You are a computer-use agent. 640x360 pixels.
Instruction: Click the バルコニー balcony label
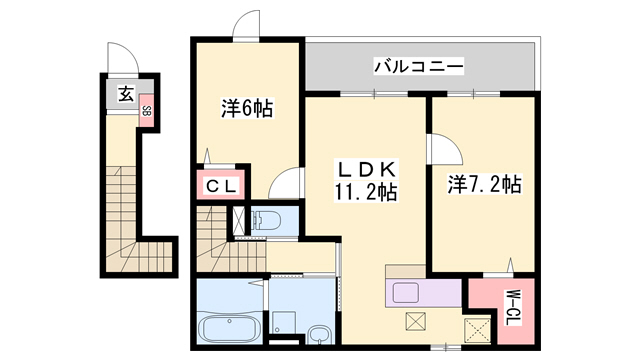[x=418, y=67]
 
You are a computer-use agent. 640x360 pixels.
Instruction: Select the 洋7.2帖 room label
[x=483, y=184]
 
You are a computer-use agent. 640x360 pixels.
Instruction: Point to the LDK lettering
[x=367, y=168]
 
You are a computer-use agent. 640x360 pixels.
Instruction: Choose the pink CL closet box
[x=223, y=186]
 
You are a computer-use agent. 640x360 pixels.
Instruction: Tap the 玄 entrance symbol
[x=125, y=94]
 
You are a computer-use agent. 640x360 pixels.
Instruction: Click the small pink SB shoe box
[x=146, y=110]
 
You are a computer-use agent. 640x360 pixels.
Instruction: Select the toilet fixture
[x=267, y=222]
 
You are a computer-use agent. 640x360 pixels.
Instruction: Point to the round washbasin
[x=319, y=334]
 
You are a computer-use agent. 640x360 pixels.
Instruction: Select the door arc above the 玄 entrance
[x=118, y=60]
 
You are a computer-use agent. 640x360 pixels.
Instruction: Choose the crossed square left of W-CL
[x=476, y=327]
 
